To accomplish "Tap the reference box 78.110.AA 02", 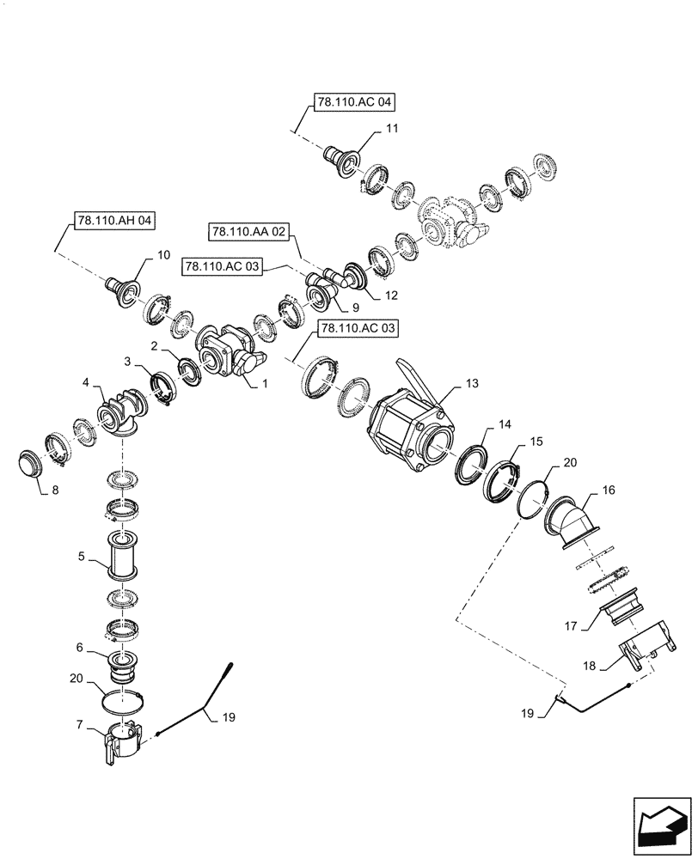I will click(247, 231).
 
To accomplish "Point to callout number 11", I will click(392, 128).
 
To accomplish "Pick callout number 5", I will click(81, 556).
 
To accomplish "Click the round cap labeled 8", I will click(33, 463).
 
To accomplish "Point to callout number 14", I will click(504, 424).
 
